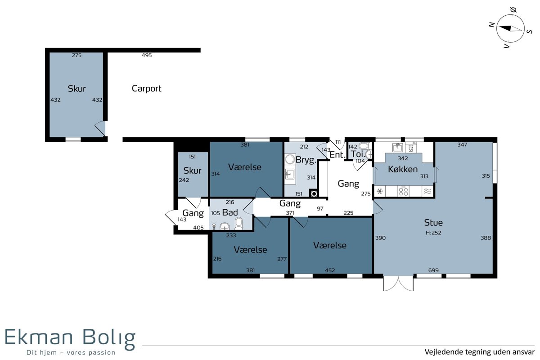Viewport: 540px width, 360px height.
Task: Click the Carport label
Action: (x=146, y=89)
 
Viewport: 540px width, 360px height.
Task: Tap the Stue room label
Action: (x=433, y=222)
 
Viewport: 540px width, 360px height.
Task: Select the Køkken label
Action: (x=403, y=169)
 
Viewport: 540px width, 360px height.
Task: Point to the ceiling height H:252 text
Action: (x=433, y=233)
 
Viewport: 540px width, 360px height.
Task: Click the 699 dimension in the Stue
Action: (x=433, y=270)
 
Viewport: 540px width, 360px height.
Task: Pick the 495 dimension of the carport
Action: (x=147, y=55)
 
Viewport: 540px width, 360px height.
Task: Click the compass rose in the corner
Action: (x=510, y=28)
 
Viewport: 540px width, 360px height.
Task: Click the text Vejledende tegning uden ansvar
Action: (x=480, y=352)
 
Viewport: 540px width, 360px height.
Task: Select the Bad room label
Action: (x=230, y=212)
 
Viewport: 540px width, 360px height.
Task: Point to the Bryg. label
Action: (x=306, y=160)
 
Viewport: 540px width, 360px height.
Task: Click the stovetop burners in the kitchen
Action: (x=403, y=191)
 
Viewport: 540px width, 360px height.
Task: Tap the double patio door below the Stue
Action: (x=398, y=283)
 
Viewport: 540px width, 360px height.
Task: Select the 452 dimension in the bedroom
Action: (x=330, y=270)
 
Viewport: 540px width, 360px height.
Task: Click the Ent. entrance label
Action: (x=337, y=154)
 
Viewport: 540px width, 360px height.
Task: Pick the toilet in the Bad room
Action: (x=238, y=223)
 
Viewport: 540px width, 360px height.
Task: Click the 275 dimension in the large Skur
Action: (x=76, y=55)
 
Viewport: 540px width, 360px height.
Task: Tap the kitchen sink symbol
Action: (x=397, y=147)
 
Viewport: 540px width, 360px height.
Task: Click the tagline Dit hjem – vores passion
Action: (x=71, y=352)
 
